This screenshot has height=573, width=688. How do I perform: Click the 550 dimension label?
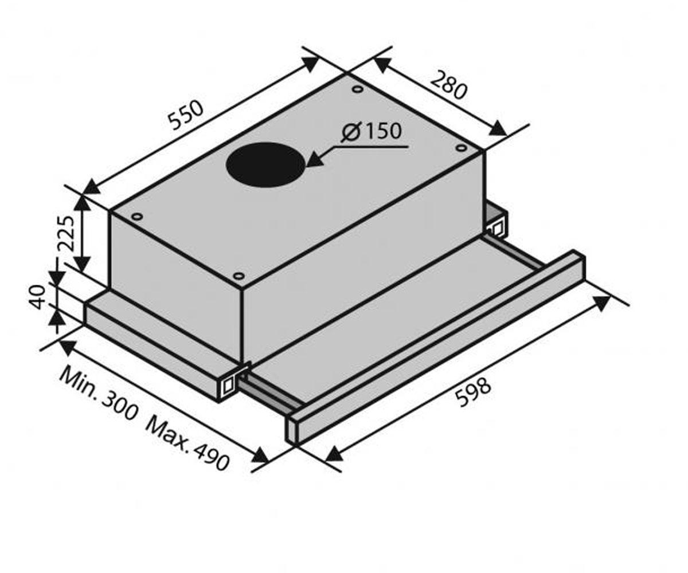coord(185,115)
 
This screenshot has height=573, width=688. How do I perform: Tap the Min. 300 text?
coord(98,394)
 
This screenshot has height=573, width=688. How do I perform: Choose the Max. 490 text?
coord(187,444)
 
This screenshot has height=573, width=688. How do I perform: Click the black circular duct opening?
coord(266,165)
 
